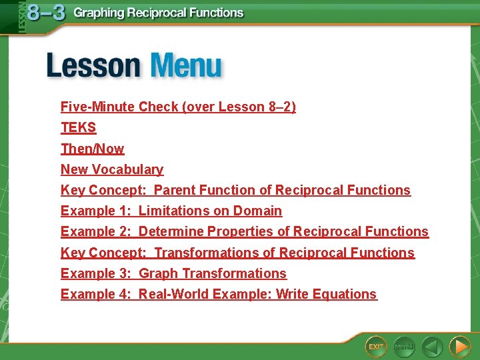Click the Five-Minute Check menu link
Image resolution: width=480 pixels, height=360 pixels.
coord(178,107)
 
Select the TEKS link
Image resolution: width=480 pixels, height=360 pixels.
coord(78,127)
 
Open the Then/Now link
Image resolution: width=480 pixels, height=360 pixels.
coord(92,149)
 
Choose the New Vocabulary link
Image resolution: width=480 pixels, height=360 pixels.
coord(111,169)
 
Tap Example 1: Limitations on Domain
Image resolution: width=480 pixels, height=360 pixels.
coord(171,211)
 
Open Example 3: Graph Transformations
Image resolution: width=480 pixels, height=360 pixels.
coord(173,273)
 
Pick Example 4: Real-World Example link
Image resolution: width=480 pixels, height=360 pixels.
coord(219,294)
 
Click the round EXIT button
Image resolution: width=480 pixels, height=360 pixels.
coord(376,346)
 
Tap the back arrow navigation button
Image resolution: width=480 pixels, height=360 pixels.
coord(432,346)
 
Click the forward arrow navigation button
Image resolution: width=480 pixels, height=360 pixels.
coord(459,346)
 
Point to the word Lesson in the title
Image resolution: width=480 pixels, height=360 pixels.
coord(93,67)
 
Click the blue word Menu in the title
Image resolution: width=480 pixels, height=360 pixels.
coord(186,67)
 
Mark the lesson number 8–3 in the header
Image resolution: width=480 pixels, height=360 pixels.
coord(47,13)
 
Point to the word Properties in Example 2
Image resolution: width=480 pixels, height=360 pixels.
coord(241,231)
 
